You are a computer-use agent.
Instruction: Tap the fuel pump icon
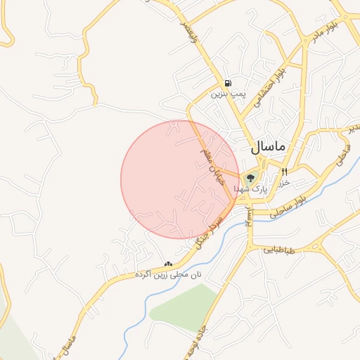point(227,82)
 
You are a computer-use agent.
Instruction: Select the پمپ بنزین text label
point(226,93)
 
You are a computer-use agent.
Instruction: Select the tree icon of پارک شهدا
point(251,178)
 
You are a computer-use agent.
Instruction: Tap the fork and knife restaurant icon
point(284,172)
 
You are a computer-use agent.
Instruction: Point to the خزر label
point(283,182)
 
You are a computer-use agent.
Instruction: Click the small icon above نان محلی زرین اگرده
point(168,264)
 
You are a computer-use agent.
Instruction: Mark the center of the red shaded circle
point(180,179)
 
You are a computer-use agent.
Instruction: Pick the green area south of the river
point(184,306)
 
